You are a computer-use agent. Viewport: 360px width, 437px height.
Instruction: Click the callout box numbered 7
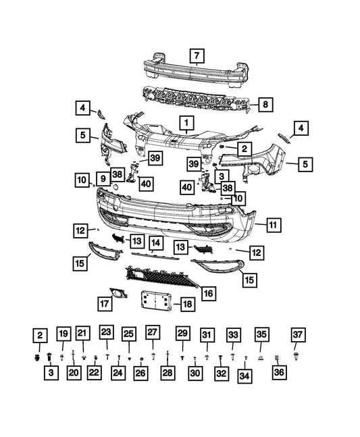click(197, 56)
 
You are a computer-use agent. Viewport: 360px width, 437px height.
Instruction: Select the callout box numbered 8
click(265, 105)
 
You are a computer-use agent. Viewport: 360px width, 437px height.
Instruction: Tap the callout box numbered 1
click(186, 123)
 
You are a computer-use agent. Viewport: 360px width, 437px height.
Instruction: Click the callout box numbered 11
click(274, 225)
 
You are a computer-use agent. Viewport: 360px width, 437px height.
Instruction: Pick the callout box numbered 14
click(156, 243)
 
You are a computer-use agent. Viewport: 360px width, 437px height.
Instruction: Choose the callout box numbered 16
click(209, 293)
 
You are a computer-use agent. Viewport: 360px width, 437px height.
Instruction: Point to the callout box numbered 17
click(105, 303)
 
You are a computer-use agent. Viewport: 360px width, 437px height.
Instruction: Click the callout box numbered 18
click(188, 304)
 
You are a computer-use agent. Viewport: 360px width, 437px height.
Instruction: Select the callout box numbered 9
click(103, 178)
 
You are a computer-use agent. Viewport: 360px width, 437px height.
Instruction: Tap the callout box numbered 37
click(298, 335)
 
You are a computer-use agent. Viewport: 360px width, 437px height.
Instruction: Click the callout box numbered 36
click(279, 372)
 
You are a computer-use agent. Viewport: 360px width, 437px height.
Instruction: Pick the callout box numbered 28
click(168, 373)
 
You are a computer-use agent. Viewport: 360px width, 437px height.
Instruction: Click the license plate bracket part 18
click(156, 300)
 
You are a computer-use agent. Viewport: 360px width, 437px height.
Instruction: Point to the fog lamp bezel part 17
click(118, 293)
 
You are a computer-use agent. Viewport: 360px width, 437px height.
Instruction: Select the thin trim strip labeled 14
click(155, 255)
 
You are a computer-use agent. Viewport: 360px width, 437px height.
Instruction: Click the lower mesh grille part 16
click(161, 277)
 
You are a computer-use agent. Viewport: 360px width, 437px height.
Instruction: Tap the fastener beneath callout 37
click(296, 356)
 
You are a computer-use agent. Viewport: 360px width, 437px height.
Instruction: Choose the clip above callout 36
click(277, 357)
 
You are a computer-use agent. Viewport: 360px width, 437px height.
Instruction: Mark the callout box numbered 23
click(106, 332)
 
